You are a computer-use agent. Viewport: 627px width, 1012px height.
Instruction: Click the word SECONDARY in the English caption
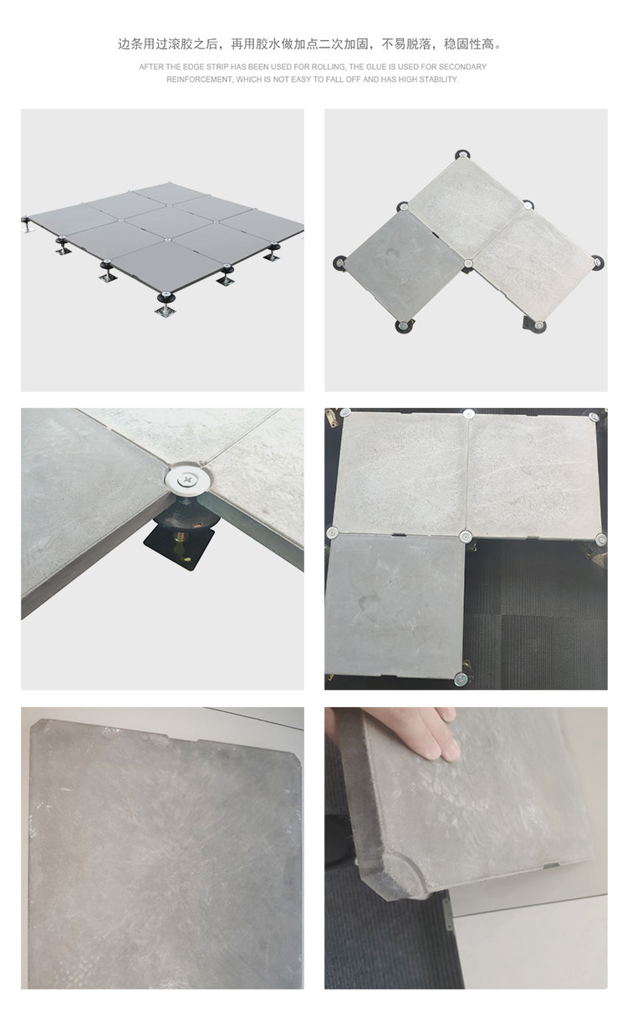tap(462, 67)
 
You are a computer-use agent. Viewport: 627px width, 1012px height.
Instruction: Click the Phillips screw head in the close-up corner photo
tap(186, 478)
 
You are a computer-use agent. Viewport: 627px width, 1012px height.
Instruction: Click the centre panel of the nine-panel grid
tap(168, 221)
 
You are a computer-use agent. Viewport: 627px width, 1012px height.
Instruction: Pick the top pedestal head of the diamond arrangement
tap(461, 155)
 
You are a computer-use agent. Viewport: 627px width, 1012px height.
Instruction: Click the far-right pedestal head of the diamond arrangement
tap(599, 262)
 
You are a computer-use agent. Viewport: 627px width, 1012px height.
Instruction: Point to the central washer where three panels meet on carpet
tap(465, 537)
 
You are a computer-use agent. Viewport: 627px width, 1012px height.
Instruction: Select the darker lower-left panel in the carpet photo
tap(395, 604)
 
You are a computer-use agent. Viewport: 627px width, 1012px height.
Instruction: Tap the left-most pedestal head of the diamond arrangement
tap(339, 262)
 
